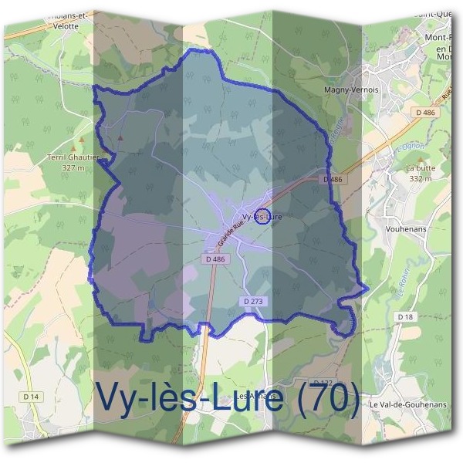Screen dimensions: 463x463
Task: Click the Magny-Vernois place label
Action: coord(352,90)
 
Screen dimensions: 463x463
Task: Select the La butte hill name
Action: coord(421,168)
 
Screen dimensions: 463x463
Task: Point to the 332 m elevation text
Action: coord(421,178)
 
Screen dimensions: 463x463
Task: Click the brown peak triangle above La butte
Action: coord(441,140)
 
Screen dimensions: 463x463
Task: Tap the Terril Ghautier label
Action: coord(68,157)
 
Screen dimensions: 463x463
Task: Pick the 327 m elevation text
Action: coord(72,167)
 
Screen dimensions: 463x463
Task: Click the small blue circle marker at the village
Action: coord(262,215)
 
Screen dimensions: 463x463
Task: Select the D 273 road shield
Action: coord(254,300)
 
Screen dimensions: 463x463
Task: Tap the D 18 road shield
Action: coord(406,316)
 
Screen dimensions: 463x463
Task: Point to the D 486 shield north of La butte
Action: coord(424,113)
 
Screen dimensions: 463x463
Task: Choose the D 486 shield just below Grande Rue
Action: coord(216,259)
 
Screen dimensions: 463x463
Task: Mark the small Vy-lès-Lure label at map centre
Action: coord(262,217)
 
